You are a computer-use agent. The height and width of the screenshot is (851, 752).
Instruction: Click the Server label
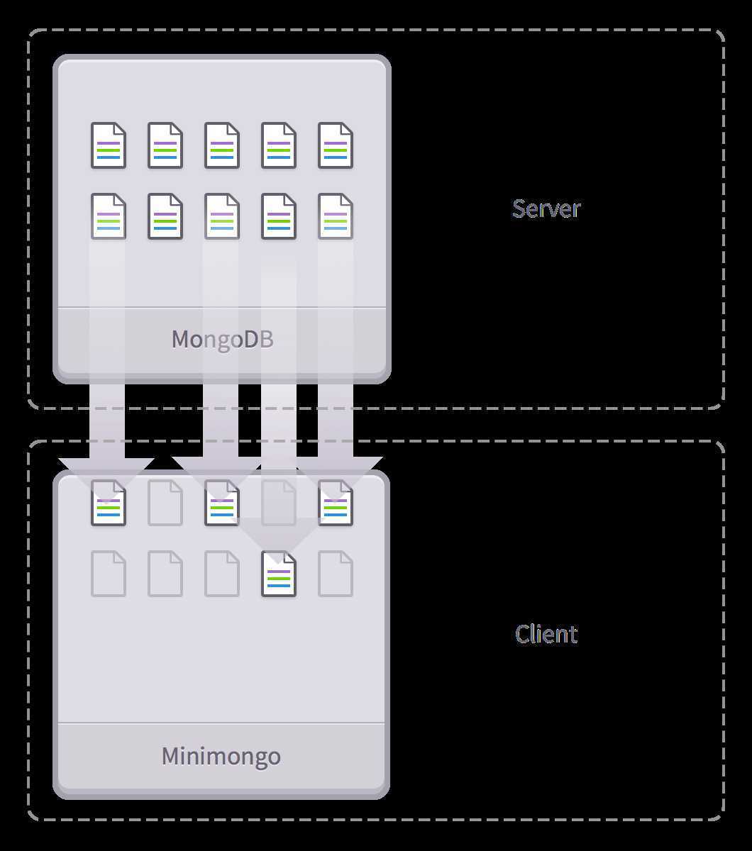pos(546,208)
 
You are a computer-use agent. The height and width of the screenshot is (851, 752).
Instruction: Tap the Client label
pos(546,634)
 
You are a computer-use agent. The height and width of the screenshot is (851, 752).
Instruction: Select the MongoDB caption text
pos(222,339)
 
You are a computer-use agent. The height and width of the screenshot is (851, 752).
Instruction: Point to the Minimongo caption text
pos(221,756)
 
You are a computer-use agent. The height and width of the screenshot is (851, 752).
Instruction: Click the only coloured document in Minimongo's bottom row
pos(279,574)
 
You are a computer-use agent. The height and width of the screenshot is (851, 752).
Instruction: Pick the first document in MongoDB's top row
pos(109,145)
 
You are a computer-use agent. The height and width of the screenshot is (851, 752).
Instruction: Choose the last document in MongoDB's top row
pos(336,145)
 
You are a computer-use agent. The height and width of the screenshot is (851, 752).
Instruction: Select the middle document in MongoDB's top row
pos(222,145)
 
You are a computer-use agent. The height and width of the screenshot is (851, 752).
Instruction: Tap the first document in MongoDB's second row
pos(109,216)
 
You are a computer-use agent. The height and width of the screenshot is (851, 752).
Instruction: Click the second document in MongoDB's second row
pos(165,216)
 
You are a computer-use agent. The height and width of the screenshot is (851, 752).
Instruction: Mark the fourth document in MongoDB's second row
pos(279,216)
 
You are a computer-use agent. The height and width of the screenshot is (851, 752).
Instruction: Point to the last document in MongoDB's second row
pos(336,216)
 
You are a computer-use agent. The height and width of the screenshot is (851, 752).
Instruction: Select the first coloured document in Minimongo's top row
pos(109,503)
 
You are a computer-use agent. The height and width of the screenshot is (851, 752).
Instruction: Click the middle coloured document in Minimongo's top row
pos(222,503)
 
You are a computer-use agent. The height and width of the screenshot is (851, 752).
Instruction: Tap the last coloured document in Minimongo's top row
pos(336,503)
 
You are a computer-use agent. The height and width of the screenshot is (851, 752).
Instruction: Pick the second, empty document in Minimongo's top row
pos(165,503)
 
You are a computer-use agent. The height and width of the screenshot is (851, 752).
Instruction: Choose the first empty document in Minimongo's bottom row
pos(109,574)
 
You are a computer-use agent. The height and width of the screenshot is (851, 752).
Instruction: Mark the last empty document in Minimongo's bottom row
pos(336,574)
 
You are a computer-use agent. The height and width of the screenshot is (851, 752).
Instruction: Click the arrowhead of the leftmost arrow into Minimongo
pos(106,472)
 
